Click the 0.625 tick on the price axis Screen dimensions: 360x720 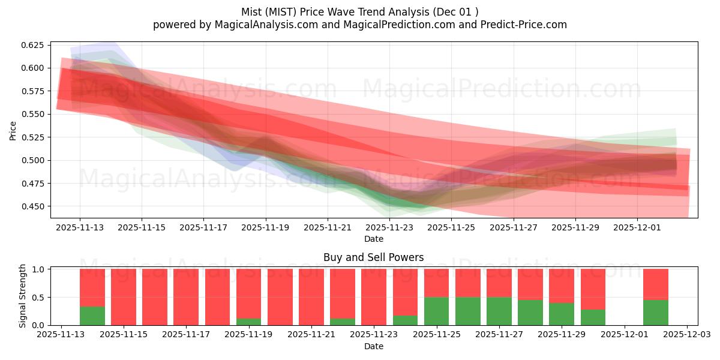tap(33, 45)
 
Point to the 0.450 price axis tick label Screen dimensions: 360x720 tap(33, 206)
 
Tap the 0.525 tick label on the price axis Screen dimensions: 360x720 tap(33, 137)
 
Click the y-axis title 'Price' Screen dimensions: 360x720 tap(13, 130)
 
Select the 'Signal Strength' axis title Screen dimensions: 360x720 tap(23, 296)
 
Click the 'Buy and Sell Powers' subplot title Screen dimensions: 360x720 tap(373, 257)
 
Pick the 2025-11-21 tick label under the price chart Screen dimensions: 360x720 tap(328, 227)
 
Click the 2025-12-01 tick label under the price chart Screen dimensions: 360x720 tap(637, 227)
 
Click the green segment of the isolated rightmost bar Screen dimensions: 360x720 tap(655, 313)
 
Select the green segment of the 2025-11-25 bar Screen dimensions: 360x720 tap(436, 311)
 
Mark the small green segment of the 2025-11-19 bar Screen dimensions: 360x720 tap(248, 322)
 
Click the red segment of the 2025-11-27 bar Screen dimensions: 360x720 tap(499, 283)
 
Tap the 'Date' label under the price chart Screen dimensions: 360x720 tap(373, 239)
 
